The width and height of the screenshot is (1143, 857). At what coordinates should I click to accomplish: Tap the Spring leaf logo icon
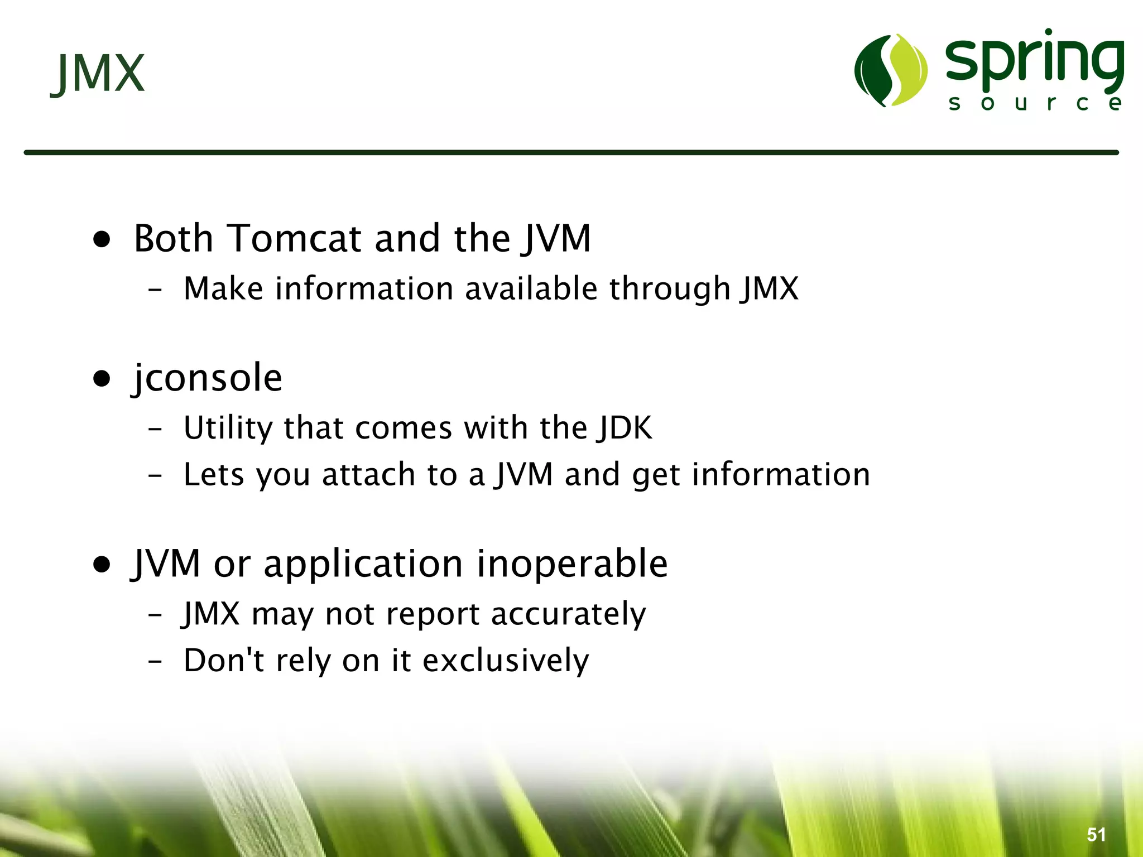click(891, 70)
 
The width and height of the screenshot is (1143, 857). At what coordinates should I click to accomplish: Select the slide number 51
click(1096, 835)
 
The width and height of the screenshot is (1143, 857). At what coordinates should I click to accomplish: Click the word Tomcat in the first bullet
click(295, 239)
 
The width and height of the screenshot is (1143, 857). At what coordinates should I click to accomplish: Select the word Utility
click(227, 428)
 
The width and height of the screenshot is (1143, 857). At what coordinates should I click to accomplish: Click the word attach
click(369, 475)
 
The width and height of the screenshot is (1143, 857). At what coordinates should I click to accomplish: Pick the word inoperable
click(572, 564)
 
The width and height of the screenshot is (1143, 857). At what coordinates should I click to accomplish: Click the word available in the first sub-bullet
click(531, 289)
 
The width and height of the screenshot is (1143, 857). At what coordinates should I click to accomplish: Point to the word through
click(669, 289)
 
